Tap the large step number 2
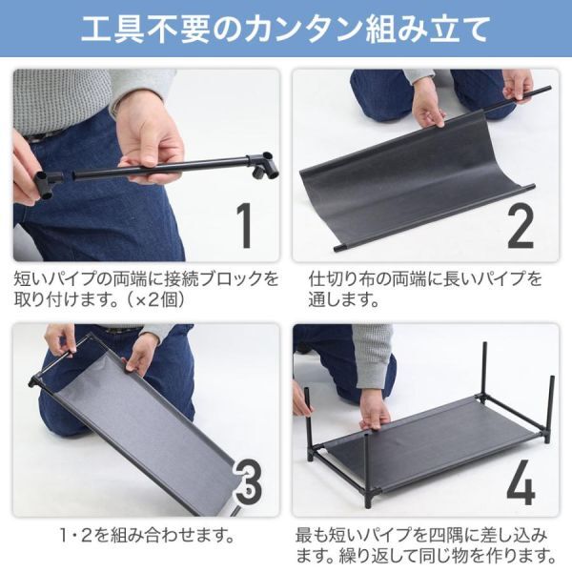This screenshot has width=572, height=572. pos(521,226)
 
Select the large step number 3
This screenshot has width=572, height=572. pos(248,481)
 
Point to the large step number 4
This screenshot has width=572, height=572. pos(521,481)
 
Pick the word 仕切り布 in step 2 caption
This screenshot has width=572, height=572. pos(342,279)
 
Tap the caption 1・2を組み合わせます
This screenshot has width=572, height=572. pos(147,535)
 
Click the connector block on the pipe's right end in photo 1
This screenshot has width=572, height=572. pos(263,166)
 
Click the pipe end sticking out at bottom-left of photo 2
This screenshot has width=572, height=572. pos(340,248)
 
